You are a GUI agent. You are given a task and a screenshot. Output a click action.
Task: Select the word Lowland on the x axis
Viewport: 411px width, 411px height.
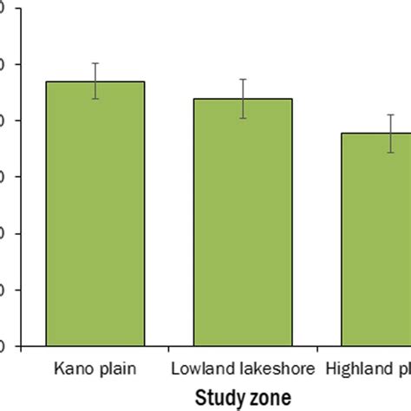tap(197, 369)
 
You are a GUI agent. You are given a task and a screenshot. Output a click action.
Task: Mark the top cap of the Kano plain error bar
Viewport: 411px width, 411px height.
tap(95, 63)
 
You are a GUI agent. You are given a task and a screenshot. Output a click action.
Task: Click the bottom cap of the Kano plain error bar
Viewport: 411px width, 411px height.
tap(95, 99)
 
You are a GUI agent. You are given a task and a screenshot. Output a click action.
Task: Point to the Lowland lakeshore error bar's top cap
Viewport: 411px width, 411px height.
tap(244, 79)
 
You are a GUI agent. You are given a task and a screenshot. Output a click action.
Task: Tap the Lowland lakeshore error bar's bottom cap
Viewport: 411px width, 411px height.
tap(244, 118)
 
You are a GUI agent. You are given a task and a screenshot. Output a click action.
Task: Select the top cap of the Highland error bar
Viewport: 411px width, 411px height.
tap(391, 114)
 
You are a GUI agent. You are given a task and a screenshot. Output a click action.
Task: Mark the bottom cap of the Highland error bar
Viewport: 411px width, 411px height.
tap(391, 153)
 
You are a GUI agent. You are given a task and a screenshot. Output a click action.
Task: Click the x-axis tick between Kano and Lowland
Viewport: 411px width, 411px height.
tap(169, 350)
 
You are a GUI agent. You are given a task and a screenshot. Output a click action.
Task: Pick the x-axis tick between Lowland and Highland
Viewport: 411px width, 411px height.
tap(316, 350)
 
